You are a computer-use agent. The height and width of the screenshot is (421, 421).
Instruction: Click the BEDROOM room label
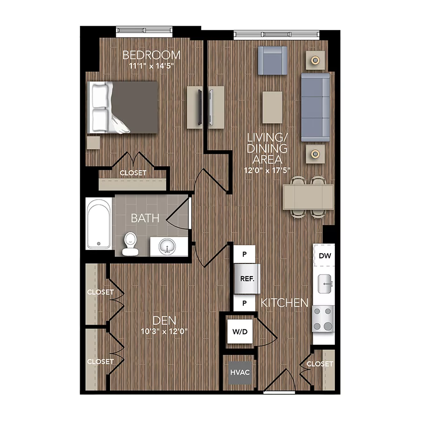coord(151,55)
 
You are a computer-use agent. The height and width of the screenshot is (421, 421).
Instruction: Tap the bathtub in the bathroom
coord(99,224)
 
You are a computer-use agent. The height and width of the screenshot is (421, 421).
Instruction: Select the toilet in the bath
coord(129,245)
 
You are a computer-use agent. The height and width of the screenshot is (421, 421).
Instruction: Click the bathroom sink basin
coord(167,246)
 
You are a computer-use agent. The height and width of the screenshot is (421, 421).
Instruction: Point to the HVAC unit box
coord(240,373)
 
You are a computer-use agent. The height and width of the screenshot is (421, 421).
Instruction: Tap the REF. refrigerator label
coord(247,279)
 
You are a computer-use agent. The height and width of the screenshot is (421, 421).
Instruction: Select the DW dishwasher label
coord(325,256)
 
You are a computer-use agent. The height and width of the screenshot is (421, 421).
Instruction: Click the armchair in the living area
coord(273,60)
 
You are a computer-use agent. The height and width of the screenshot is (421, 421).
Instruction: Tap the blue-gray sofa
coord(315,107)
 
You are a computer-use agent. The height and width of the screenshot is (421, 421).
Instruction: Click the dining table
coord(308,196)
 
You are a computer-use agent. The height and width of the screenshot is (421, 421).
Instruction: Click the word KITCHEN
coord(284,303)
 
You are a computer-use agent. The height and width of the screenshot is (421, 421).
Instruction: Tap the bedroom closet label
coord(133,173)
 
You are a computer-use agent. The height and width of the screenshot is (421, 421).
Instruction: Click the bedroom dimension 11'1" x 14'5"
coord(151,66)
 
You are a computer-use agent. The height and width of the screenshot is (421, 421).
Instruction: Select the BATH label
coord(145,218)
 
